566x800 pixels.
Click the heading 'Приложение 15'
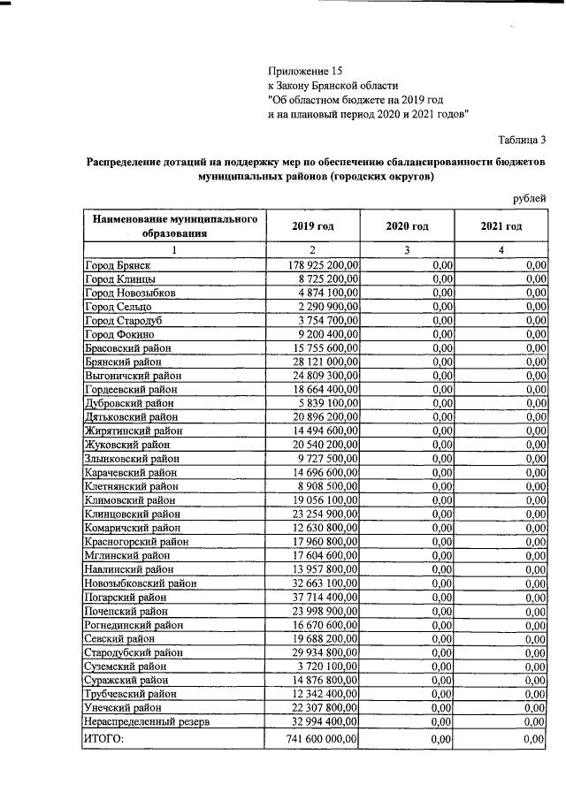tap(304, 70)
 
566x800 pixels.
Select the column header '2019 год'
tap(313, 227)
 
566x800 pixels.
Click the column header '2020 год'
tap(407, 227)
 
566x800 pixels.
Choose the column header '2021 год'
tap(501, 227)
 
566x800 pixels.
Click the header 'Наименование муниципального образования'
tap(173, 226)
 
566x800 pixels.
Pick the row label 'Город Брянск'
tap(117, 264)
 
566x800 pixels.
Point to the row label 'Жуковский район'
tap(126, 445)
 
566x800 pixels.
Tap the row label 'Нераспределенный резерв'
tap(146, 722)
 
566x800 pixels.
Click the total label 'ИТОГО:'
tap(104, 739)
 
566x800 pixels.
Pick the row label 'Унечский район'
tap(123, 708)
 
